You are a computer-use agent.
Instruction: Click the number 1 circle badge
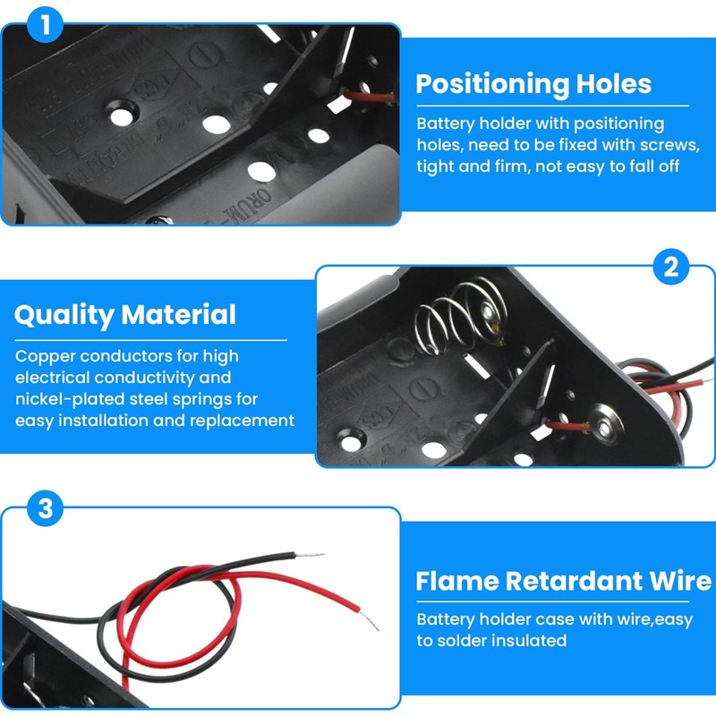pos(45,24)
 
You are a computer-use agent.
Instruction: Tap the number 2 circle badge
pos(671,267)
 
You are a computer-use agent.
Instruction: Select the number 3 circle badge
pos(45,510)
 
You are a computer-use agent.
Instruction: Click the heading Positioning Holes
pos(533,84)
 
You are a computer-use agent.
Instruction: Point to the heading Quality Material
pos(125,315)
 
